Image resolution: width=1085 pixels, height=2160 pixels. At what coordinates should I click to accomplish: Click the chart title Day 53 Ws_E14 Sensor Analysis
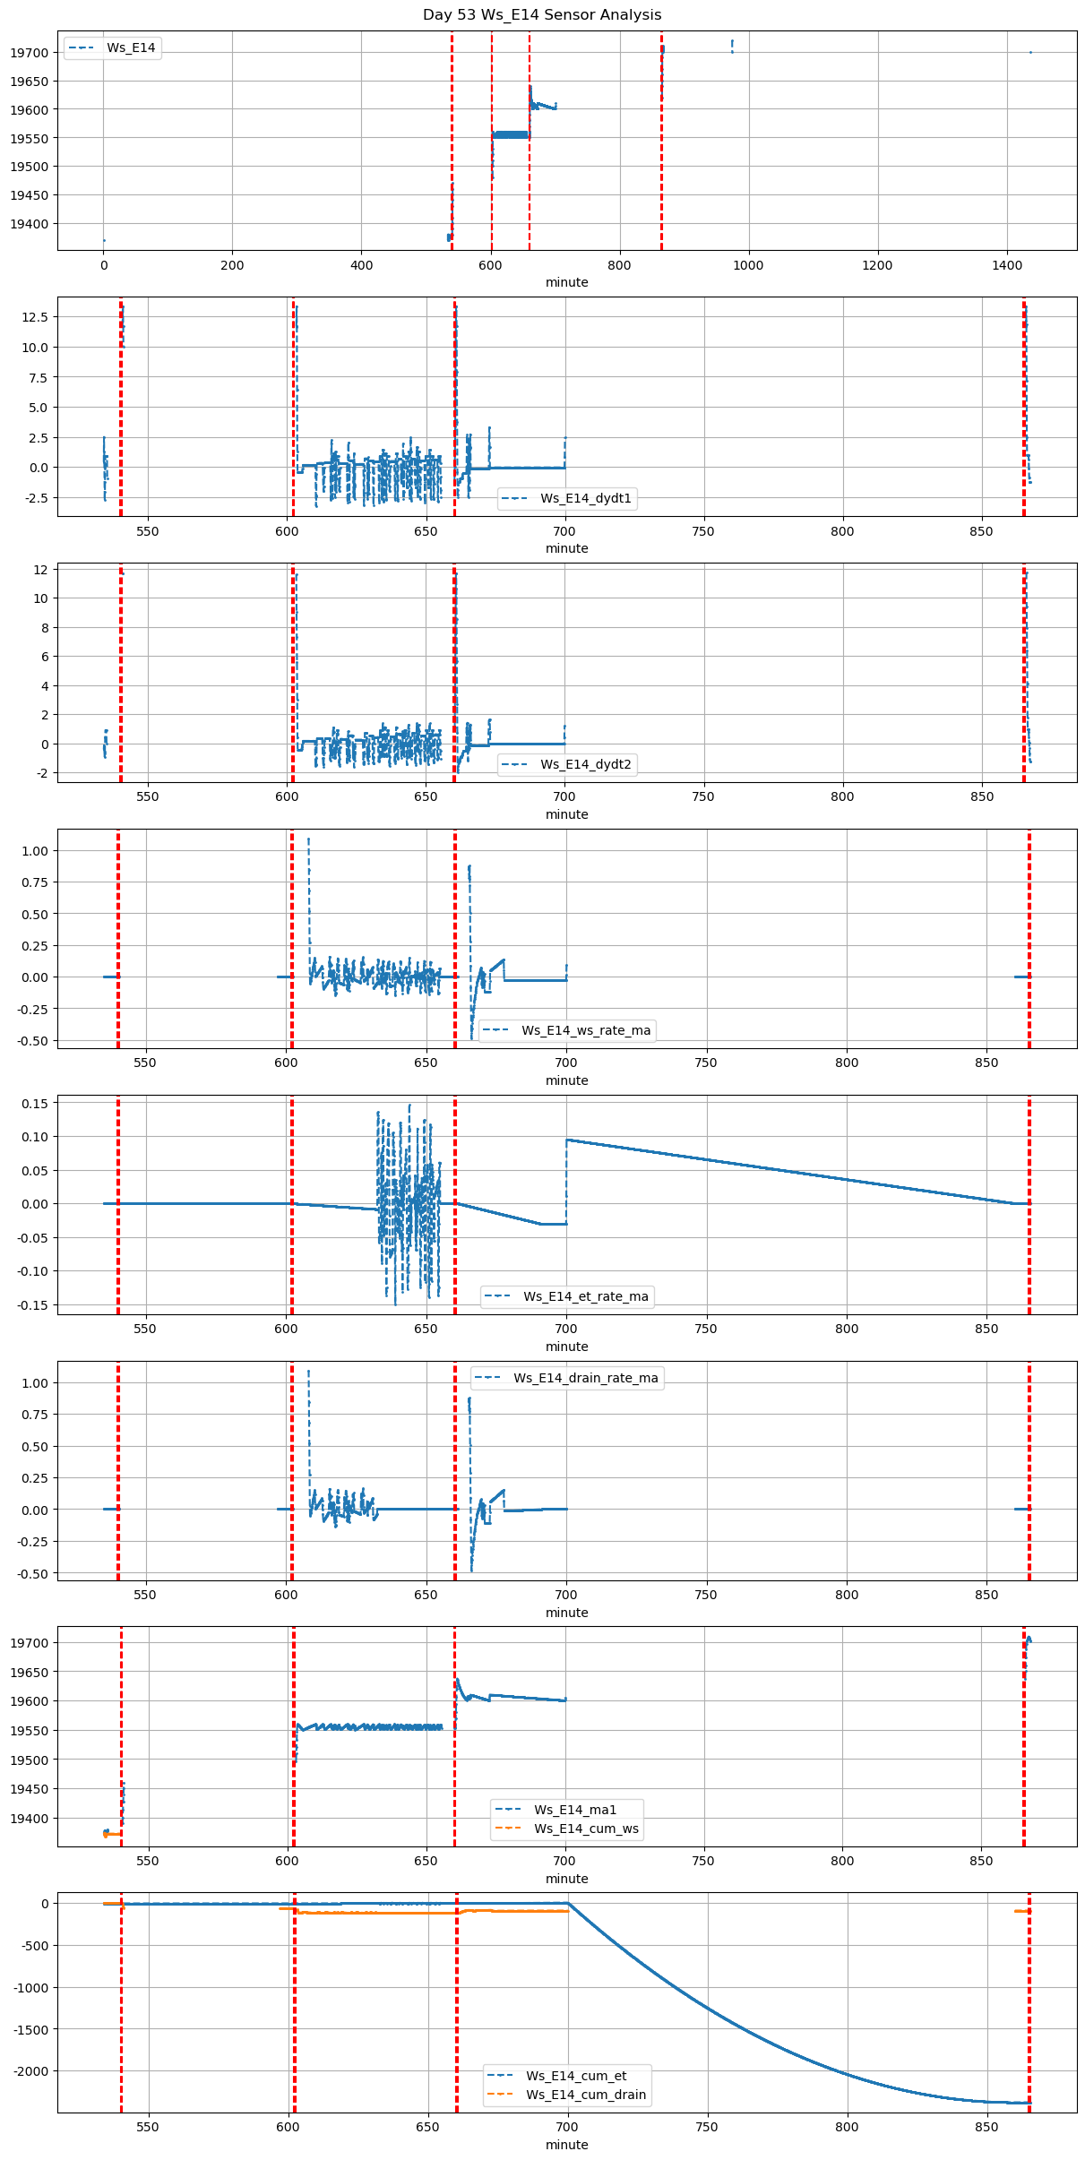pos(542,15)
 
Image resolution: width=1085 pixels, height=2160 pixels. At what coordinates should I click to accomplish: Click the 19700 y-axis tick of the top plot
pos(29,53)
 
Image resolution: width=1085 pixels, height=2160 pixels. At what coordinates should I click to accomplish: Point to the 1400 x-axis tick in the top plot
pos(1007,265)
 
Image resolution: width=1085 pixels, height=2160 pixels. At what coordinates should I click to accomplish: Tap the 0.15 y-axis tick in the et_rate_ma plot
pos(35,1104)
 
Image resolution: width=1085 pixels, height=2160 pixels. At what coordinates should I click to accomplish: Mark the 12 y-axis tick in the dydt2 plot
pos(40,570)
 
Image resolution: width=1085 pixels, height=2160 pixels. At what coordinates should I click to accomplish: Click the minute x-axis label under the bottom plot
pos(567,2145)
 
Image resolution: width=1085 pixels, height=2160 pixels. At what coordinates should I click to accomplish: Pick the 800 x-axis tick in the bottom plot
pos(847,2127)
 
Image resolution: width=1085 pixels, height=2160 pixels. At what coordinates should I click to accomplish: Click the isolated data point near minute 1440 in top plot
pos(1030,53)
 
